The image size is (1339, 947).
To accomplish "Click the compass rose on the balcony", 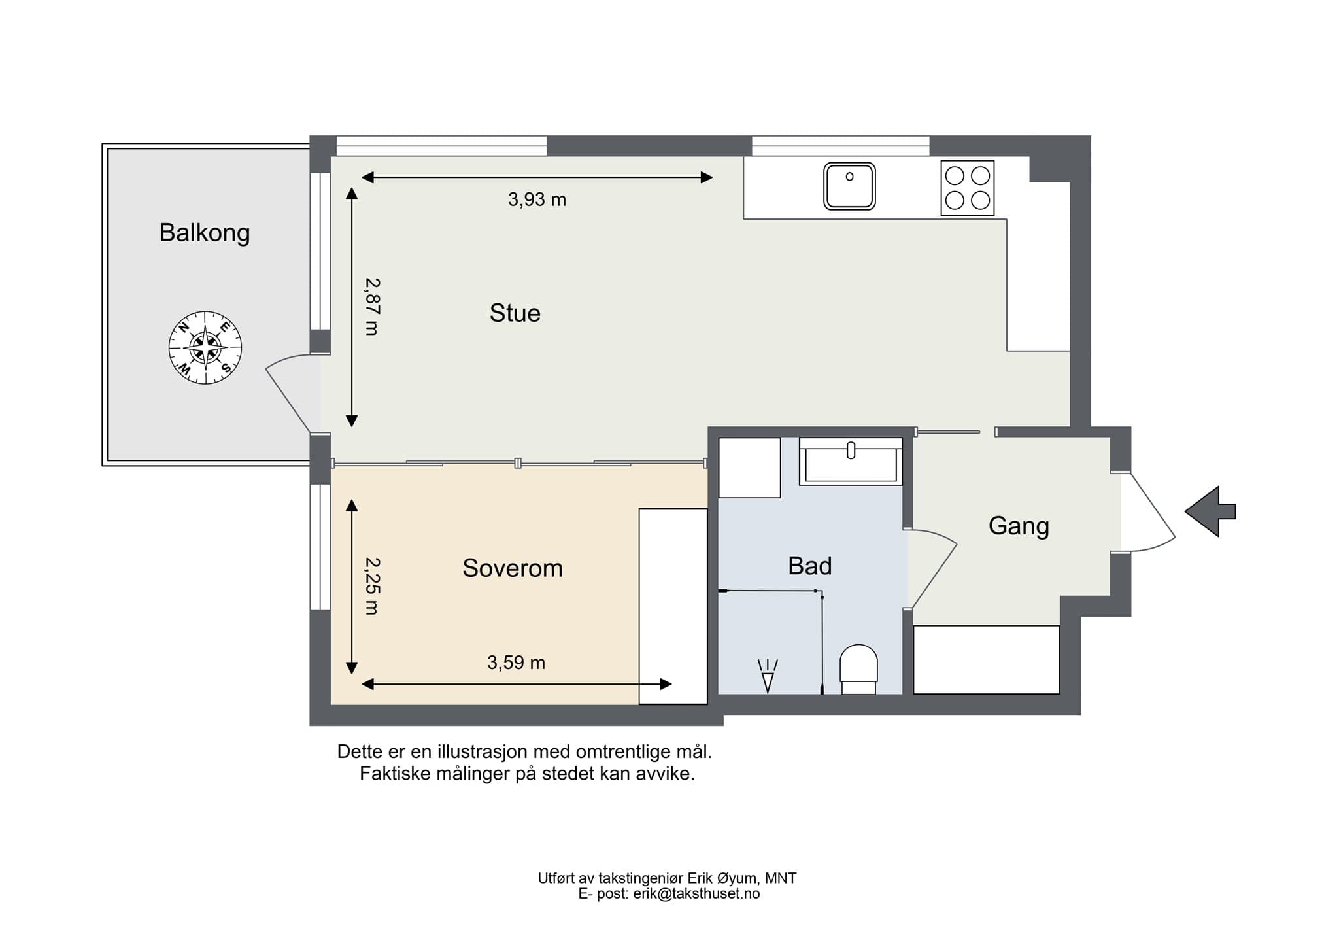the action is [205, 347].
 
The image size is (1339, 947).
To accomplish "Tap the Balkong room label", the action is [205, 233].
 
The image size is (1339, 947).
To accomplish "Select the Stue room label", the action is [515, 313].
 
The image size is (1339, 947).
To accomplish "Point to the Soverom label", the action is [513, 568].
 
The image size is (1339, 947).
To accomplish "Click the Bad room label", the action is [810, 566].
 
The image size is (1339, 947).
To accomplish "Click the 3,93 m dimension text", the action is [537, 199].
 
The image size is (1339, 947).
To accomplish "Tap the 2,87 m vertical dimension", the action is [371, 307].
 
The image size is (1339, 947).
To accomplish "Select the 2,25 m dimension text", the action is [371, 586].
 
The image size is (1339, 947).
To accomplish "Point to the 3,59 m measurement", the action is [517, 663].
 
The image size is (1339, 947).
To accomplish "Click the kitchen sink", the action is [849, 186].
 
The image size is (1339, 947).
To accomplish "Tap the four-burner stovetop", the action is [968, 188].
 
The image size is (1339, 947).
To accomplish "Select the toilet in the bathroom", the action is [858, 670].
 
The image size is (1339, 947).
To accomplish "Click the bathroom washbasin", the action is [851, 462].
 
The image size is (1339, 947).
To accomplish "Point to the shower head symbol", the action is [768, 676].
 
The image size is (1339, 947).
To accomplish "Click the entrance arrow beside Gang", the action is [1210, 511].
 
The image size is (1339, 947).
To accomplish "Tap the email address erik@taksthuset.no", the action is [696, 894].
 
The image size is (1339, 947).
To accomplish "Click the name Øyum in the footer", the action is [743, 879].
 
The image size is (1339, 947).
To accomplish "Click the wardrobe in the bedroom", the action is [673, 606].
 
